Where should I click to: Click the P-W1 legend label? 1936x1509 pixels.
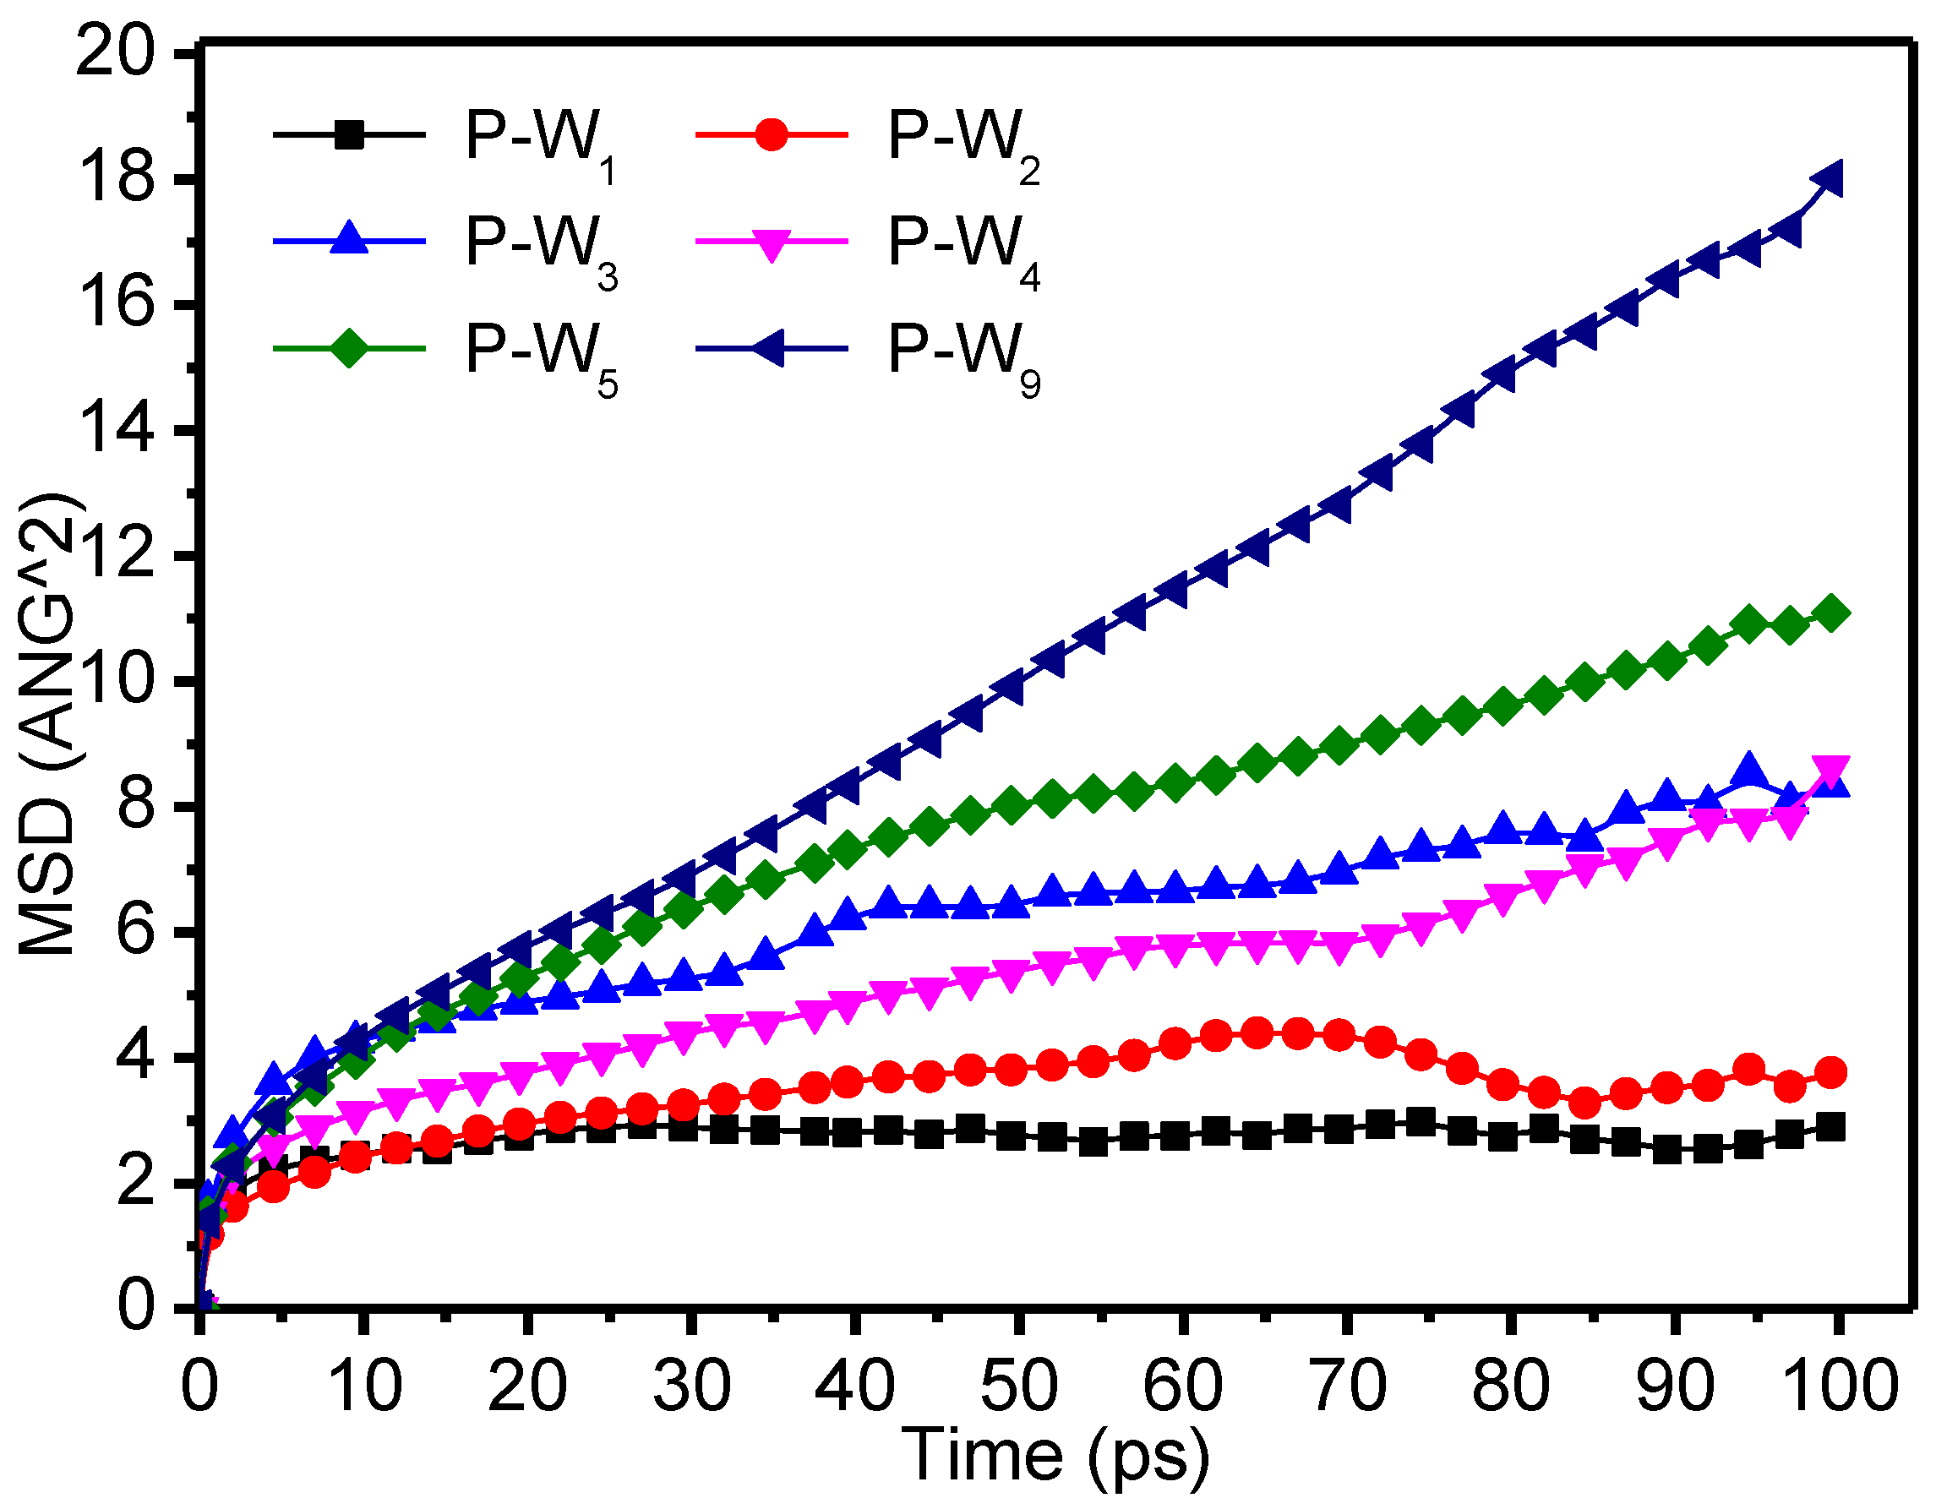(541, 142)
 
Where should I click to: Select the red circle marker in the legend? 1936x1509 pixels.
(772, 135)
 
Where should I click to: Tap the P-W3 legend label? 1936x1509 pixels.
(541, 248)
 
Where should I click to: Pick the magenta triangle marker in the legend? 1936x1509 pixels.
(772, 243)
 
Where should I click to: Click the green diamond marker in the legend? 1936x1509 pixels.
(349, 348)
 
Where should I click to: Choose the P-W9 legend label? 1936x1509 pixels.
(964, 354)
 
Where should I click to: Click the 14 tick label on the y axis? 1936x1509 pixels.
(115, 431)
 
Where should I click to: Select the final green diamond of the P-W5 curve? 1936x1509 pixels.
(1831, 613)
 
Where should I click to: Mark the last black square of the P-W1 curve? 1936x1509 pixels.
(1831, 1128)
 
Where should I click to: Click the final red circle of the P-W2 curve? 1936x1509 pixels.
(1831, 1073)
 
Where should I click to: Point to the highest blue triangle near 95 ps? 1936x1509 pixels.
(1749, 771)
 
